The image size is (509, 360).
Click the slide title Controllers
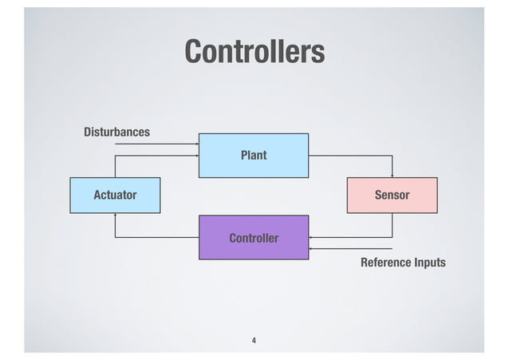pyautogui.click(x=254, y=51)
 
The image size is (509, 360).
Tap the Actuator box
pyautogui.click(x=115, y=195)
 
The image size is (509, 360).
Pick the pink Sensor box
pyautogui.click(x=392, y=195)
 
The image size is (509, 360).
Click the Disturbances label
pyautogui.click(x=116, y=132)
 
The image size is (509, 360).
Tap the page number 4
pyautogui.click(x=254, y=341)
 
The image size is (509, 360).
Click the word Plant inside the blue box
pyautogui.click(x=254, y=155)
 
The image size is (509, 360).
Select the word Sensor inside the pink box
pyautogui.click(x=392, y=195)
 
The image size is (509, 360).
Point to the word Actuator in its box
pyautogui.click(x=115, y=195)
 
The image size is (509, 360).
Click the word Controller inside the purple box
pyautogui.click(x=254, y=238)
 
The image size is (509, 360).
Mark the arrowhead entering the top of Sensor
pyautogui.click(x=392, y=176)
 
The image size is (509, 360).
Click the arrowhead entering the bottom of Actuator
pyautogui.click(x=115, y=215)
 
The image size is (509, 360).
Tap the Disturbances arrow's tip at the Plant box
pyautogui.click(x=196, y=144)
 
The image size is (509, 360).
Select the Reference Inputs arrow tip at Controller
pyautogui.click(x=311, y=249)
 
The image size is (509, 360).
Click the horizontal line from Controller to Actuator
pyautogui.click(x=156, y=237)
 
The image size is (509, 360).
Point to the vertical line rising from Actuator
pyautogui.click(x=115, y=166)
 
